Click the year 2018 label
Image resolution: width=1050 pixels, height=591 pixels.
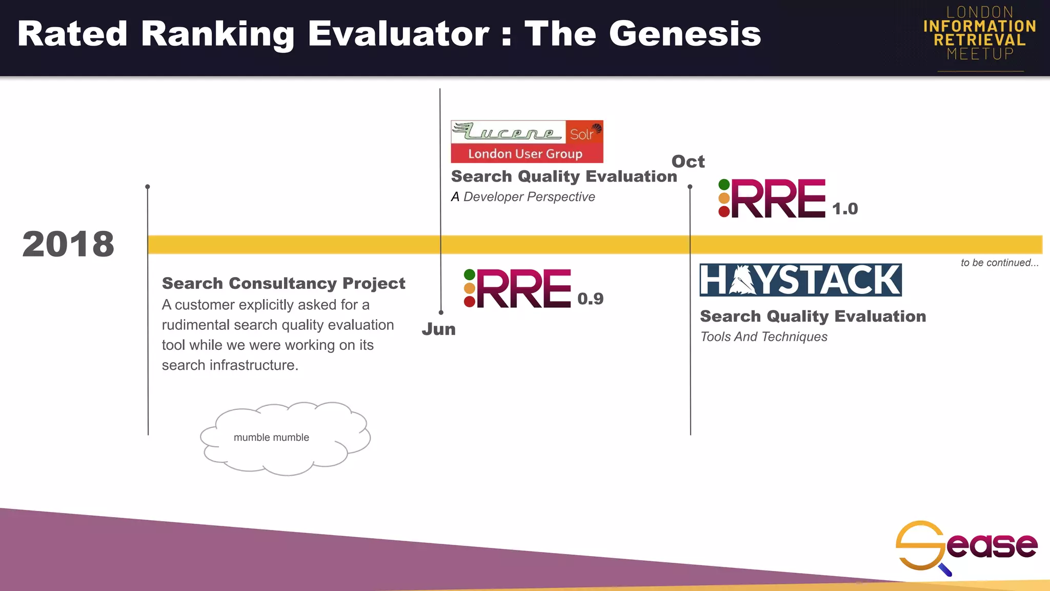68,244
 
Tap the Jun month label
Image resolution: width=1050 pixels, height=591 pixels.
438,329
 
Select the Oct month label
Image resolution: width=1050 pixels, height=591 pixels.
688,162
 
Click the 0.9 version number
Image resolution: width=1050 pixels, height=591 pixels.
590,299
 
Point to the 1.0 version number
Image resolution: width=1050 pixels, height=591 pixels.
844,209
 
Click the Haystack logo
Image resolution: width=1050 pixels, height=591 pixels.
800,280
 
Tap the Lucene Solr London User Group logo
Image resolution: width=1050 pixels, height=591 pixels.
527,142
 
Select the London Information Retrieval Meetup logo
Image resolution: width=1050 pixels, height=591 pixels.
980,33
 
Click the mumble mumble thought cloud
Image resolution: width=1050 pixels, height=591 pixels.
284,438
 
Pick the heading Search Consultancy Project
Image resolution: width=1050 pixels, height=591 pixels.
284,283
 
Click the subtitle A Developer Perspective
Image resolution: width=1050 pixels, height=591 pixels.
523,197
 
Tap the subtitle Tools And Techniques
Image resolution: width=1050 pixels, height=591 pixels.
763,337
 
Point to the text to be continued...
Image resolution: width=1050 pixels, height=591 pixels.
999,263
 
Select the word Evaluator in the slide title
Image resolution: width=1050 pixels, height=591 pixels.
398,34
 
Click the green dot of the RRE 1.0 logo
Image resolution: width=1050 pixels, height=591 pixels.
724,185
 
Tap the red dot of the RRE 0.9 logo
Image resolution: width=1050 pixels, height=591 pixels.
469,302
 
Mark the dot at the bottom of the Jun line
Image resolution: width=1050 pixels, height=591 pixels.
441,312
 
